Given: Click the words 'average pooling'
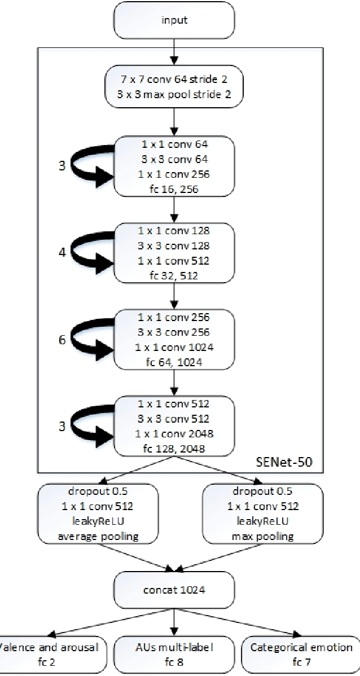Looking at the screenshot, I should (x=98, y=536).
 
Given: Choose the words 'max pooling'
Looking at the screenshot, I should (x=263, y=536).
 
